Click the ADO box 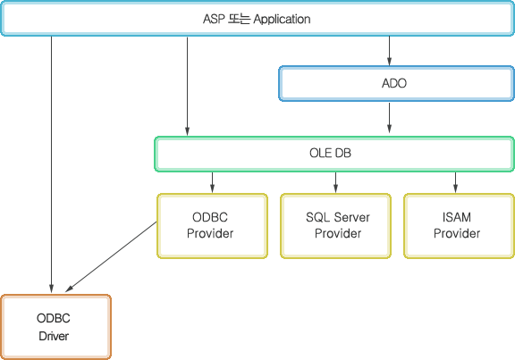396,83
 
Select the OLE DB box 334,154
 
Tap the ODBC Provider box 212,226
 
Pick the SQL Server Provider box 335,226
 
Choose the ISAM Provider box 459,226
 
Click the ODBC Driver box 55,327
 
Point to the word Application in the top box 283,19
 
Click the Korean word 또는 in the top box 239,19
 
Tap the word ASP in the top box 214,19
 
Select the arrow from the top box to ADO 389,51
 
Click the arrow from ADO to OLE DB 389,118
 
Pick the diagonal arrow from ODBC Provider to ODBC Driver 111,257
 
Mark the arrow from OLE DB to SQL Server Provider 335,183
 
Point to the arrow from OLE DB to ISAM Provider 455,183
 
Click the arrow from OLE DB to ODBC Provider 212,183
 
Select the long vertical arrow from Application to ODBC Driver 51,164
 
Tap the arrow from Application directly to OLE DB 187,87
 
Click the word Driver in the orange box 54,336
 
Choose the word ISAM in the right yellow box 457,217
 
